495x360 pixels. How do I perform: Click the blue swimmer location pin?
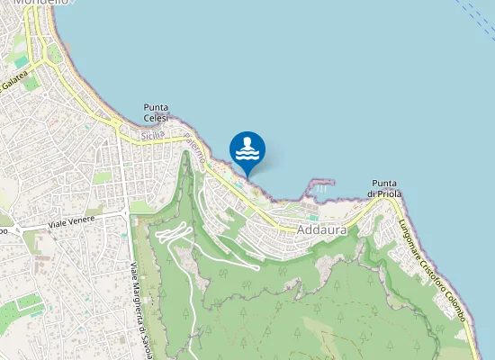tap(247, 149)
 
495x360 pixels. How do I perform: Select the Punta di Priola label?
tap(384, 189)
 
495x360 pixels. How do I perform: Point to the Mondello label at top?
tap(40, 3)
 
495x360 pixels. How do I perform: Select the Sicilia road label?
tap(152, 135)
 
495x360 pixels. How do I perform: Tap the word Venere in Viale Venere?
tap(79, 220)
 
